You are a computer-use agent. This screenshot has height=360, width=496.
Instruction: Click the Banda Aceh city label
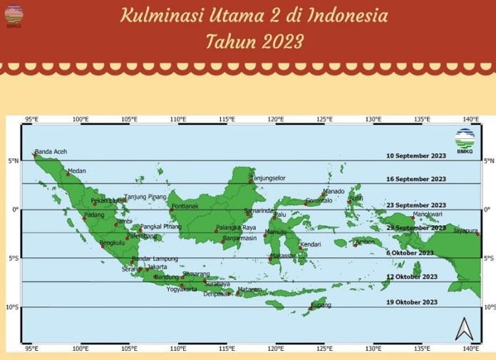(x=52, y=151)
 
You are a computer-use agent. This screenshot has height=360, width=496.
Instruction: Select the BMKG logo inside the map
(x=465, y=137)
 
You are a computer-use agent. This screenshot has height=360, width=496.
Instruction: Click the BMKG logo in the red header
(x=14, y=15)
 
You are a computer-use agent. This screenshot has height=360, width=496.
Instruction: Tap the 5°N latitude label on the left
(x=12, y=161)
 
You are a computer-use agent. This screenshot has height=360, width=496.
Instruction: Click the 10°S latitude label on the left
(x=12, y=307)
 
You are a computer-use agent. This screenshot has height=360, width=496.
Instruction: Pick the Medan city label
(x=76, y=171)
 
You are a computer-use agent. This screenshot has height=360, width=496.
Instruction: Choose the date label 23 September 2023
(x=415, y=205)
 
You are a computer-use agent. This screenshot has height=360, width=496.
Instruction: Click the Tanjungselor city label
(x=266, y=178)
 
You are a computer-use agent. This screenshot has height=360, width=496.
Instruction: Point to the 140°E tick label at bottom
(x=470, y=349)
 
